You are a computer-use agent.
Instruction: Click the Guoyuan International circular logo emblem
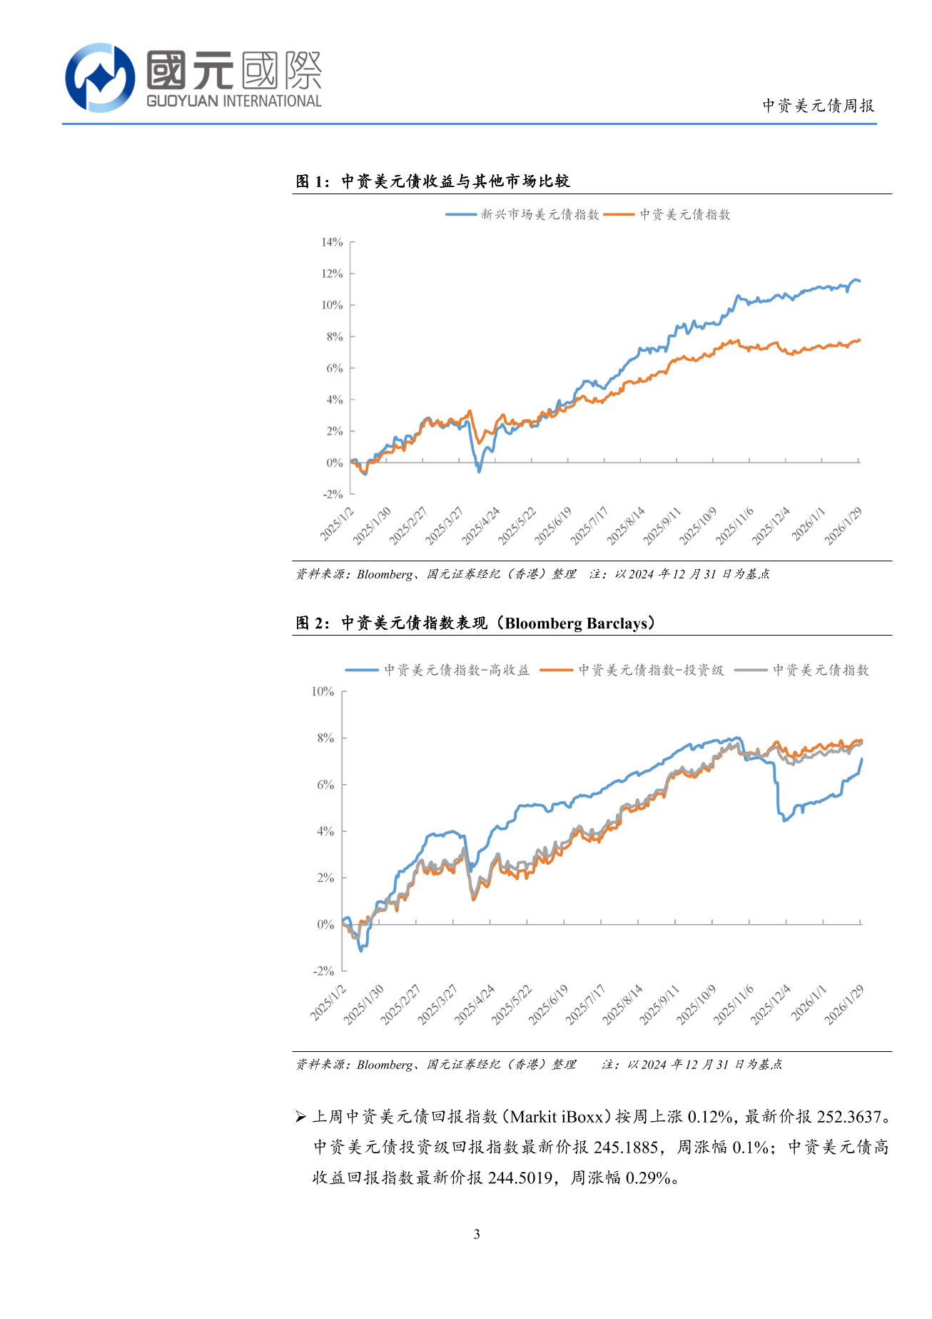pos(100,77)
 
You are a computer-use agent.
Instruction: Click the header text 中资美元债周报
pos(818,106)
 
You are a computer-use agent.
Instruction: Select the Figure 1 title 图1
pos(312,181)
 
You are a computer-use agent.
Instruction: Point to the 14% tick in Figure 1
pos(332,242)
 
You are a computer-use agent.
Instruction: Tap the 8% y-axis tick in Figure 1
pos(335,336)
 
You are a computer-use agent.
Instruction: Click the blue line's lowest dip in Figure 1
pos(479,471)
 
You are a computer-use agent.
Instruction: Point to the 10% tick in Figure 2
pos(323,691)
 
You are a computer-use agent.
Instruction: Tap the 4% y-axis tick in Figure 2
pos(325,831)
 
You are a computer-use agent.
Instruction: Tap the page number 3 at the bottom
pos(477,1233)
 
